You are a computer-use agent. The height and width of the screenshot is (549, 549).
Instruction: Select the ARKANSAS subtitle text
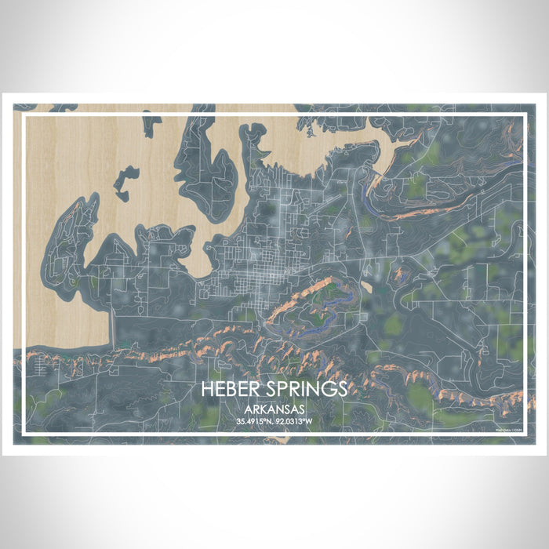274,409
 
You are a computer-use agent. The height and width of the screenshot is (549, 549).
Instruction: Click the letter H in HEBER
206,390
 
